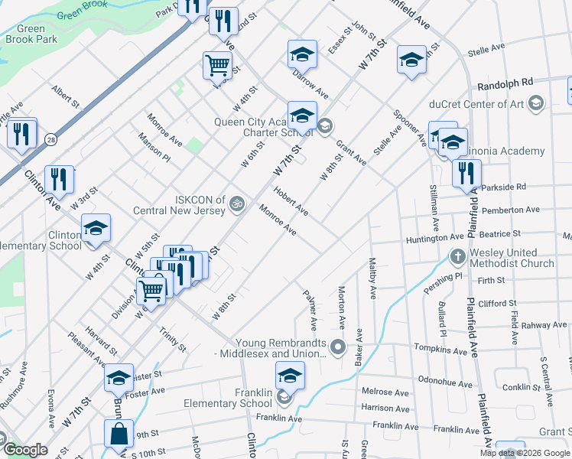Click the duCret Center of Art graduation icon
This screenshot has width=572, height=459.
(x=536, y=103)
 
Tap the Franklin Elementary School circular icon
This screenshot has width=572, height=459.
(x=284, y=397)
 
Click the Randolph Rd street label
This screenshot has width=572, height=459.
(x=505, y=84)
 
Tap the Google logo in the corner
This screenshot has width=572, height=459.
(x=24, y=450)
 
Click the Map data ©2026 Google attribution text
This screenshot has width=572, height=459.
(x=524, y=453)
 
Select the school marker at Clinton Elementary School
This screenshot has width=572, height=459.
(x=96, y=229)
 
